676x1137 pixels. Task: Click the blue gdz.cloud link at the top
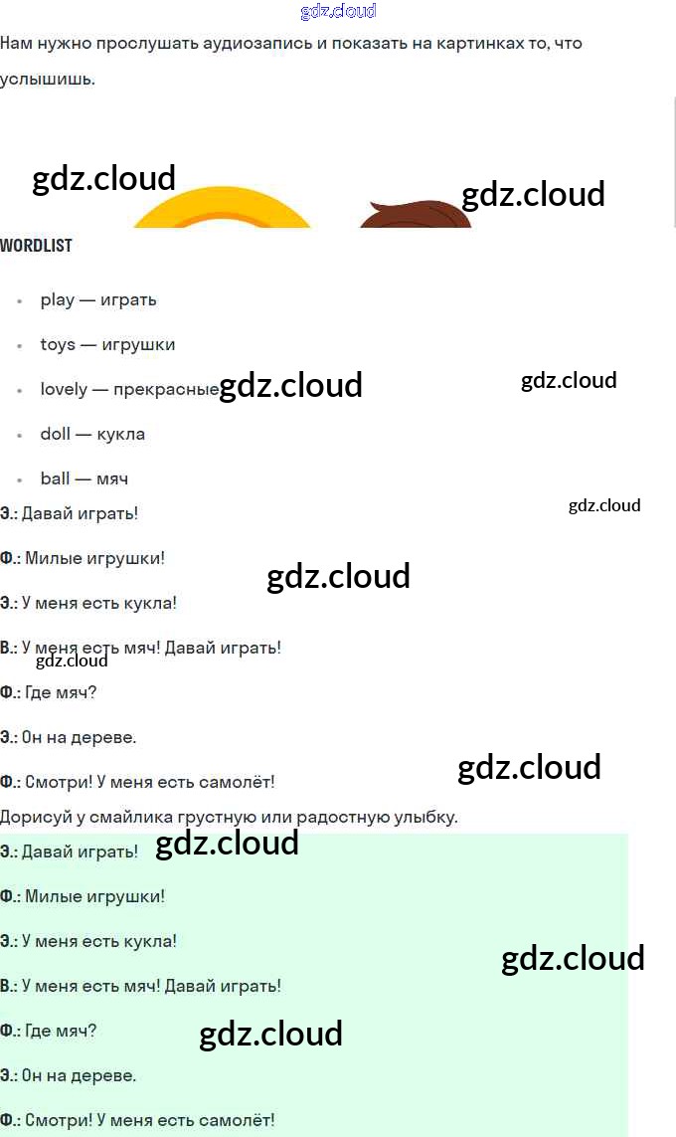(338, 12)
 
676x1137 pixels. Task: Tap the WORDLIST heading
(36, 246)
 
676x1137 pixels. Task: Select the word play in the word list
(58, 299)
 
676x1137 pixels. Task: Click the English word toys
(58, 344)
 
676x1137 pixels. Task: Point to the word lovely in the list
(64, 389)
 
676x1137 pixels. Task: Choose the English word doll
(55, 434)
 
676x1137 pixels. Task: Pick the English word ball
(55, 478)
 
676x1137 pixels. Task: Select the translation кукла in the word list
(121, 434)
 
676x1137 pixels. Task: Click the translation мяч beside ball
(112, 478)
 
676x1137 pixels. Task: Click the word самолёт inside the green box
(238, 1120)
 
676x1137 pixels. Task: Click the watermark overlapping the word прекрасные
(290, 386)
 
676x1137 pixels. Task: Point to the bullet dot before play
(20, 300)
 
